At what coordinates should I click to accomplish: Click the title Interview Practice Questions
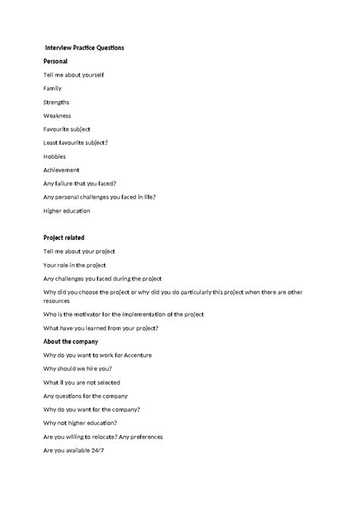84,48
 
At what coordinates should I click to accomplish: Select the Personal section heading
56,61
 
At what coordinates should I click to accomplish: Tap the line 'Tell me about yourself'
74,74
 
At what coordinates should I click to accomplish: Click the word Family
52,88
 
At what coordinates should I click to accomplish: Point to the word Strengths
56,102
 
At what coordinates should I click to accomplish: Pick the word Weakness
57,115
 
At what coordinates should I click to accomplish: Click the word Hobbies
55,156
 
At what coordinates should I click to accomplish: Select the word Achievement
62,170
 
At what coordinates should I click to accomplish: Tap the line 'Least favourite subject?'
76,143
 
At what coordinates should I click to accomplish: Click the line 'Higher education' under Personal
67,210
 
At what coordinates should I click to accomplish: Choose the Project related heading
64,238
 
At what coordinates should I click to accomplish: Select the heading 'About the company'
71,342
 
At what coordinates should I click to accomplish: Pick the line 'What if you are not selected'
82,383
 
